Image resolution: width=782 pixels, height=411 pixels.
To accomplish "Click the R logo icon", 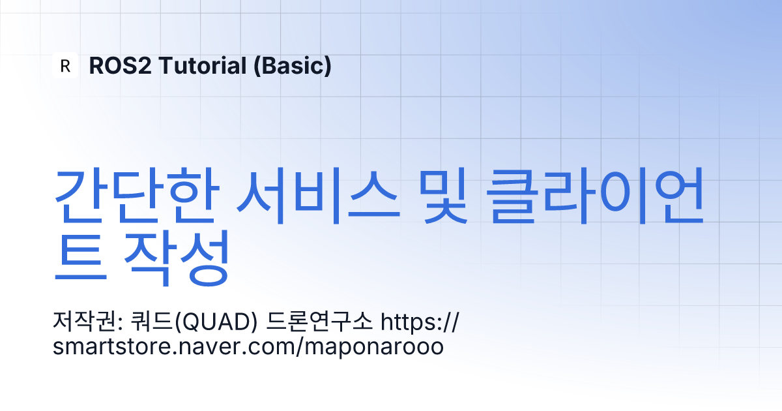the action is pos(65,65).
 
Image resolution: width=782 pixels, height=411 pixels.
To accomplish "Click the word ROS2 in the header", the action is pos(120,66).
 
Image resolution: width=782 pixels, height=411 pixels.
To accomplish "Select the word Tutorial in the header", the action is pos(203,66).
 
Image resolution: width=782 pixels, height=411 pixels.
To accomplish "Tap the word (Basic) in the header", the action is pos(292,66).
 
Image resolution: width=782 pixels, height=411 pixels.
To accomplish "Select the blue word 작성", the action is pos(177,258).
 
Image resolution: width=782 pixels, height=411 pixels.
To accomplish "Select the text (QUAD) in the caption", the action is pos(216,322).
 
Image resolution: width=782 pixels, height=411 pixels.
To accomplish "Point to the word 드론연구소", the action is pos(319,321).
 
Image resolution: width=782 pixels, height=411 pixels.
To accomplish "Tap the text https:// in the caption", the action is pos(420,321).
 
